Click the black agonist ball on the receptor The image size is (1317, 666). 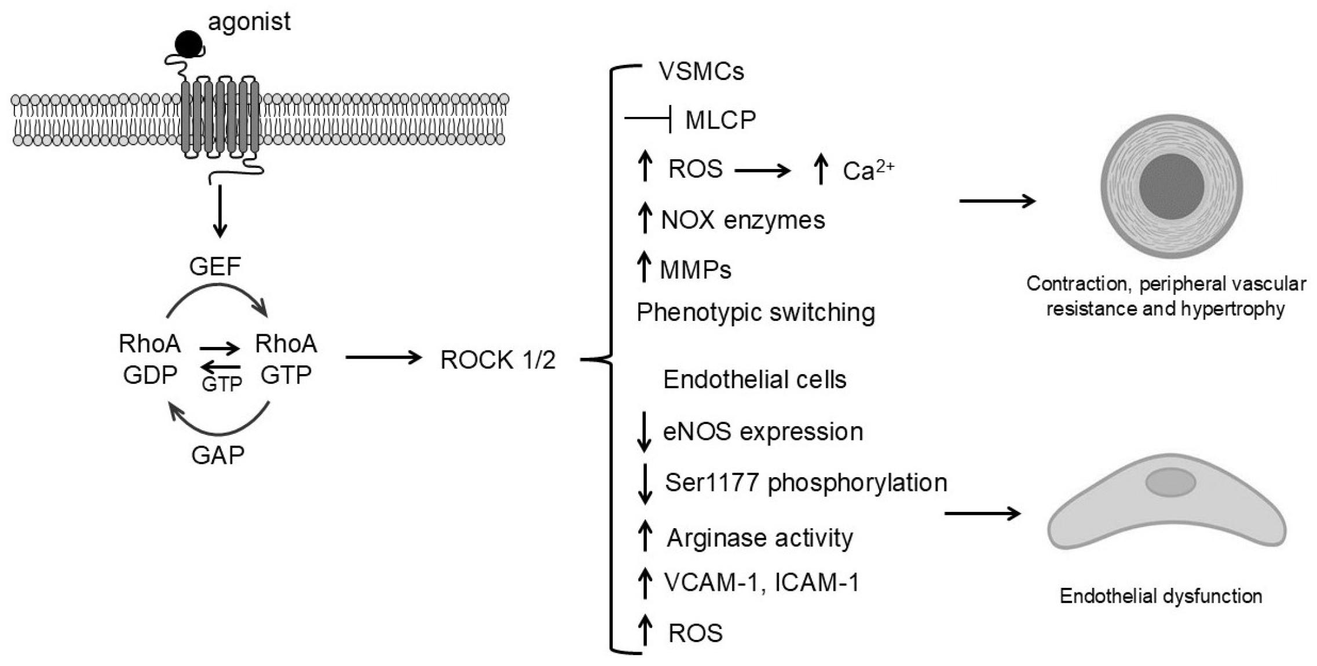pos(189,43)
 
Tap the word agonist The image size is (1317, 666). pos(249,22)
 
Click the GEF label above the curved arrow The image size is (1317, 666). pos(215,266)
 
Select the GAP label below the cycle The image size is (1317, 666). pos(218,455)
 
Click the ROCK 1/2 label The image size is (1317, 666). pos(497,360)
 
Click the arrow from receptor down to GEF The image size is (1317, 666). pos(219,211)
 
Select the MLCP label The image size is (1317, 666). pos(720,120)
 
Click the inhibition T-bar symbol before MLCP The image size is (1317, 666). pos(649,120)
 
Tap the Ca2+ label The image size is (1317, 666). pos(867,170)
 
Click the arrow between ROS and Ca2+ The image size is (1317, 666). pos(762,170)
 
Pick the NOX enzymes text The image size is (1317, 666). pos(743,221)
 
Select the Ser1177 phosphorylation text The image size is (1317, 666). pos(806,482)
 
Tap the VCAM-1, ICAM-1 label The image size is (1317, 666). pos(761,582)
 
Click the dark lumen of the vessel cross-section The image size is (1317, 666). pos(1171,186)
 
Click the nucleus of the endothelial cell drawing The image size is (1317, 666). pos(1170,482)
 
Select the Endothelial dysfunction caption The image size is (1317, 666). pos(1161,596)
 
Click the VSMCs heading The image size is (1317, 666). pos(701,71)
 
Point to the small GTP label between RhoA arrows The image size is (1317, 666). pos(221,384)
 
